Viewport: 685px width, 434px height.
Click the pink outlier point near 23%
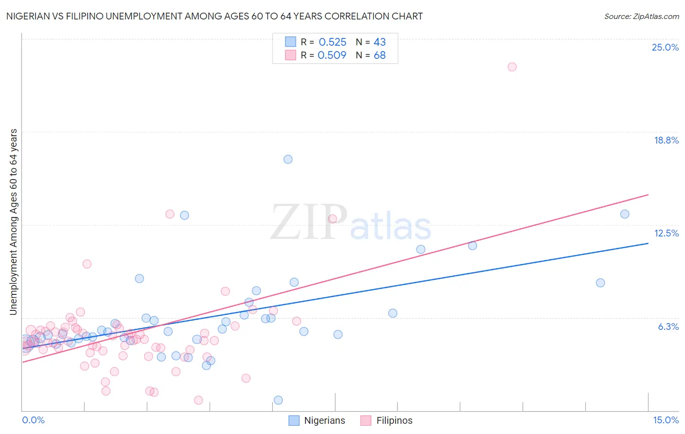pyautogui.click(x=512, y=67)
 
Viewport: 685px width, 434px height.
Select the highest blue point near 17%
pyautogui.click(x=288, y=159)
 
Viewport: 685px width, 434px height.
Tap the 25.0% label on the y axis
pyautogui.click(x=665, y=47)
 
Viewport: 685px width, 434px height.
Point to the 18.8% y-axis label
pyautogui.click(x=666, y=140)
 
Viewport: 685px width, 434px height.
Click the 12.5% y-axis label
pyautogui.click(x=666, y=233)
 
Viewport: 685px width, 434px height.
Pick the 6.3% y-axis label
pyautogui.click(x=668, y=326)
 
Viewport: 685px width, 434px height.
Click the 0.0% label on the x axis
pyautogui.click(x=33, y=420)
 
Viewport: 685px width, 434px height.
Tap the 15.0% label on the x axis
pyautogui.click(x=666, y=420)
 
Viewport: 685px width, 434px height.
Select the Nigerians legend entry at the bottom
pyautogui.click(x=324, y=420)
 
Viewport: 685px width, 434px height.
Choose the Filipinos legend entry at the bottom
pyautogui.click(x=394, y=420)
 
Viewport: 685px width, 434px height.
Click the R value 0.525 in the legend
pyautogui.click(x=332, y=42)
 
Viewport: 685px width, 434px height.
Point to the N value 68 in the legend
pyautogui.click(x=380, y=55)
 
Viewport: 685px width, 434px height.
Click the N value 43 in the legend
pyautogui.click(x=380, y=42)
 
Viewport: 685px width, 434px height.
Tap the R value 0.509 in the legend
pyautogui.click(x=332, y=55)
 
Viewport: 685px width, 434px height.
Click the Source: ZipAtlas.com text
pyautogui.click(x=641, y=16)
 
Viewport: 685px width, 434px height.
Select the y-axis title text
pyautogui.click(x=14, y=221)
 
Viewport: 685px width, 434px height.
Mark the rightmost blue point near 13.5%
pyautogui.click(x=625, y=214)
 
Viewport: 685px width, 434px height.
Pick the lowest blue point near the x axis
pyautogui.click(x=278, y=400)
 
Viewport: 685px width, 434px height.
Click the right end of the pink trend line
pyautogui.click(x=648, y=195)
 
